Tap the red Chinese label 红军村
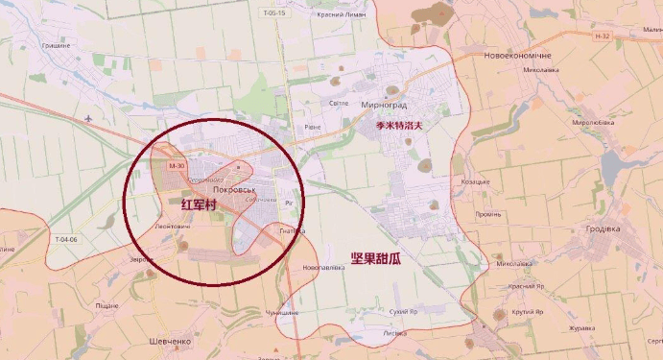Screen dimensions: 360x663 [x=200, y=205]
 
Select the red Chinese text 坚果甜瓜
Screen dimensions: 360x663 [x=375, y=259]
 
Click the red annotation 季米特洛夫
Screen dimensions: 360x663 [x=399, y=125]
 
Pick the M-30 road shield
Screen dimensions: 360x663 [x=175, y=167]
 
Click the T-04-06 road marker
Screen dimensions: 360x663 [x=66, y=239]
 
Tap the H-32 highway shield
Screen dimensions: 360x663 [x=602, y=36]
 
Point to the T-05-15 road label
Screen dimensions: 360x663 [x=274, y=13]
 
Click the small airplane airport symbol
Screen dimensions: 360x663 [x=88, y=119]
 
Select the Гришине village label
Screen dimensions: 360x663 [x=55, y=45]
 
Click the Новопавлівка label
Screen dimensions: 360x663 [x=321, y=267]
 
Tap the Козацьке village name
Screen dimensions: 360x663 [x=475, y=181]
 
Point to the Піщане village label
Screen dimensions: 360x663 [x=107, y=305]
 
